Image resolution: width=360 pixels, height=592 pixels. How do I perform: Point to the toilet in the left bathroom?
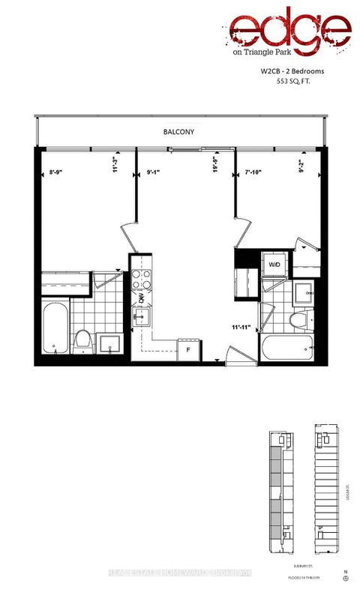(x=83, y=342)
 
